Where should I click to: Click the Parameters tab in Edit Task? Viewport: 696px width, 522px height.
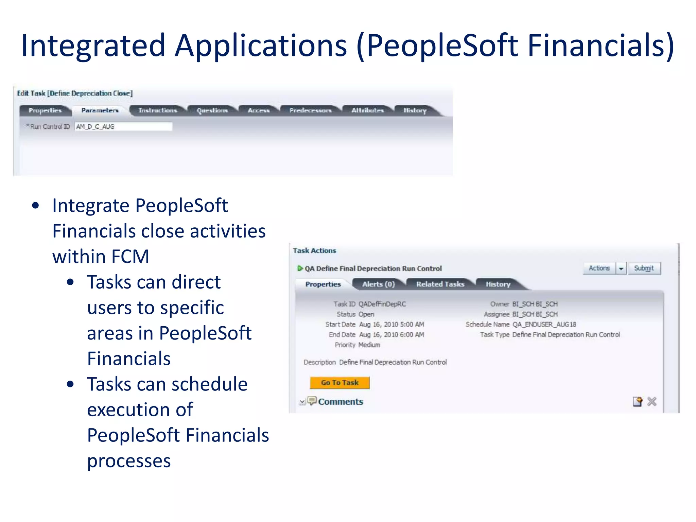coord(100,110)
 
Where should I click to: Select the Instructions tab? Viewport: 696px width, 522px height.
coord(158,110)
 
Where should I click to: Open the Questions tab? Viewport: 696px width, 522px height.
coord(212,110)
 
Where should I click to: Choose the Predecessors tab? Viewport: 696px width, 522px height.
coord(310,110)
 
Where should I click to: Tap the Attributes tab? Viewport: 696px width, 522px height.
coord(367,110)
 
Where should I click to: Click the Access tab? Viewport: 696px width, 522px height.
coord(259,110)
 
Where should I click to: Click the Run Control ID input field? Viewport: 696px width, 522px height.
coord(123,127)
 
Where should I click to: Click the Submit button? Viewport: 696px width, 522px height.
coord(644,268)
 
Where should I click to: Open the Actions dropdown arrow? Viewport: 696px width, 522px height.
coord(621,268)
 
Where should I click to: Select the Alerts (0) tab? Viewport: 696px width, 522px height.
coord(378,284)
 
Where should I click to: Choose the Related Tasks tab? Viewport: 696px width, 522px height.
coord(440,284)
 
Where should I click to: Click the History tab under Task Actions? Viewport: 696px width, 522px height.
coord(498,284)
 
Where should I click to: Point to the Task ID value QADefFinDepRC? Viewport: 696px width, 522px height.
coord(382,304)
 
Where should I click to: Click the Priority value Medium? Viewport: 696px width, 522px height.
coord(369,345)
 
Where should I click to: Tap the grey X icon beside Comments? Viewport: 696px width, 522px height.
coord(652,402)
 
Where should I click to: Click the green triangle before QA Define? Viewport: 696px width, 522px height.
coord(300,268)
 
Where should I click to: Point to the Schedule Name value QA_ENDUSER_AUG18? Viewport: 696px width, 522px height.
coord(544,325)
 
